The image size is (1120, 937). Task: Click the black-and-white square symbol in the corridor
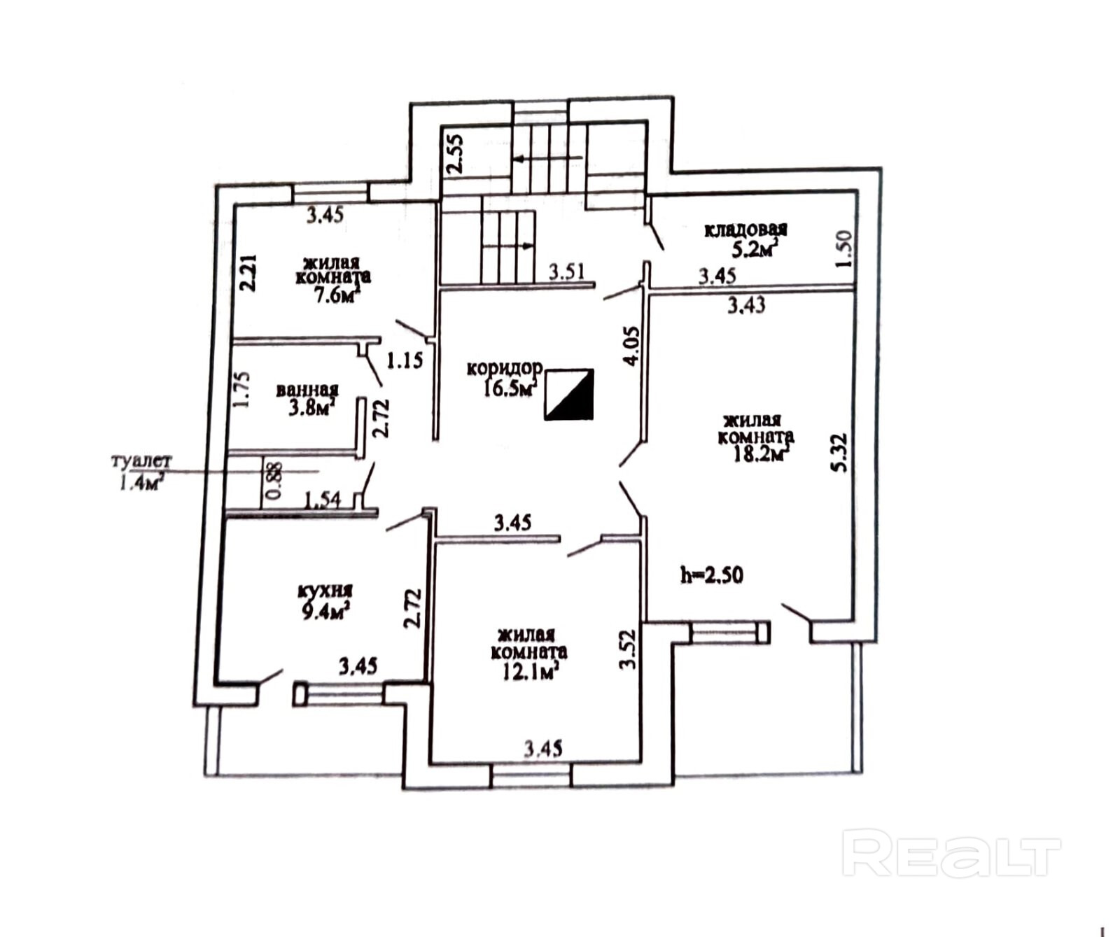569,395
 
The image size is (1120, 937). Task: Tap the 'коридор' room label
504,368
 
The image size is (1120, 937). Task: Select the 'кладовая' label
745,230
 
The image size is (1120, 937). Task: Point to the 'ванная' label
307,390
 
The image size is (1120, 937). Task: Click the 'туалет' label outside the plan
141,462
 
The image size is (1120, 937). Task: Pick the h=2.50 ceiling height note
711,575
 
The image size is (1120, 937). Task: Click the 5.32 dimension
840,453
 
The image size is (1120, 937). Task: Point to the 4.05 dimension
631,346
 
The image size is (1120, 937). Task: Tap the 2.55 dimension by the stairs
455,153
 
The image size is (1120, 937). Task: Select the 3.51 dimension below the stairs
566,272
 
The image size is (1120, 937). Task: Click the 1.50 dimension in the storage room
844,248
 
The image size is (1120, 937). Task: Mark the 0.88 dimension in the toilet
274,481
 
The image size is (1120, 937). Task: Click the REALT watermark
951,852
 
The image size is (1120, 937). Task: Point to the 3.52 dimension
628,649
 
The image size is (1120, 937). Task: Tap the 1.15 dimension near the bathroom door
405,361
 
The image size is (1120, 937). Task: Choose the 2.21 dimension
249,273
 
